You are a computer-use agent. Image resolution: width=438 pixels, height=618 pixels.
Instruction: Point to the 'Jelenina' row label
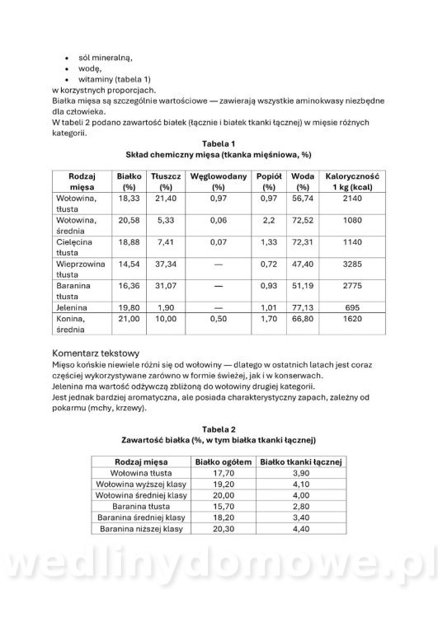coord(73,304)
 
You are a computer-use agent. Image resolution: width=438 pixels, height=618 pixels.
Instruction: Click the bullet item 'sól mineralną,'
coord(103,57)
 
